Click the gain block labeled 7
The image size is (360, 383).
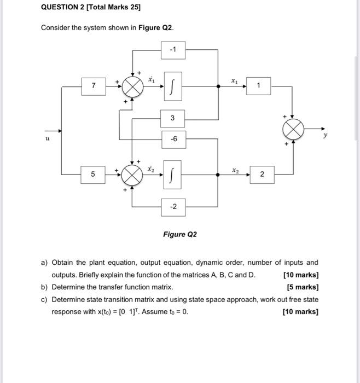[x=94, y=86]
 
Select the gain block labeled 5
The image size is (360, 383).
[x=94, y=174]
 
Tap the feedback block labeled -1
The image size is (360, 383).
[x=173, y=51]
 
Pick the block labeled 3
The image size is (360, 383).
[x=173, y=118]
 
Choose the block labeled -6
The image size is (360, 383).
[x=173, y=138]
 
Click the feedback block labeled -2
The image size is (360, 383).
[x=173, y=207]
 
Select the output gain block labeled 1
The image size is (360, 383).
[x=259, y=86]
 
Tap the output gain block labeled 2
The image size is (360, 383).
[x=261, y=174]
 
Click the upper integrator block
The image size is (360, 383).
[x=173, y=86]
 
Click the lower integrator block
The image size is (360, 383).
[x=173, y=174]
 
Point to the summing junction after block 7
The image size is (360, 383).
[x=132, y=86]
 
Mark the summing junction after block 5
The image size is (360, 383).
[x=132, y=174]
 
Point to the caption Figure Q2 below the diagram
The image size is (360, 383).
[x=179, y=235]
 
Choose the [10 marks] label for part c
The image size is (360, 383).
[x=300, y=312]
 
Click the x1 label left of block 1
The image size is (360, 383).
[x=234, y=80]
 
